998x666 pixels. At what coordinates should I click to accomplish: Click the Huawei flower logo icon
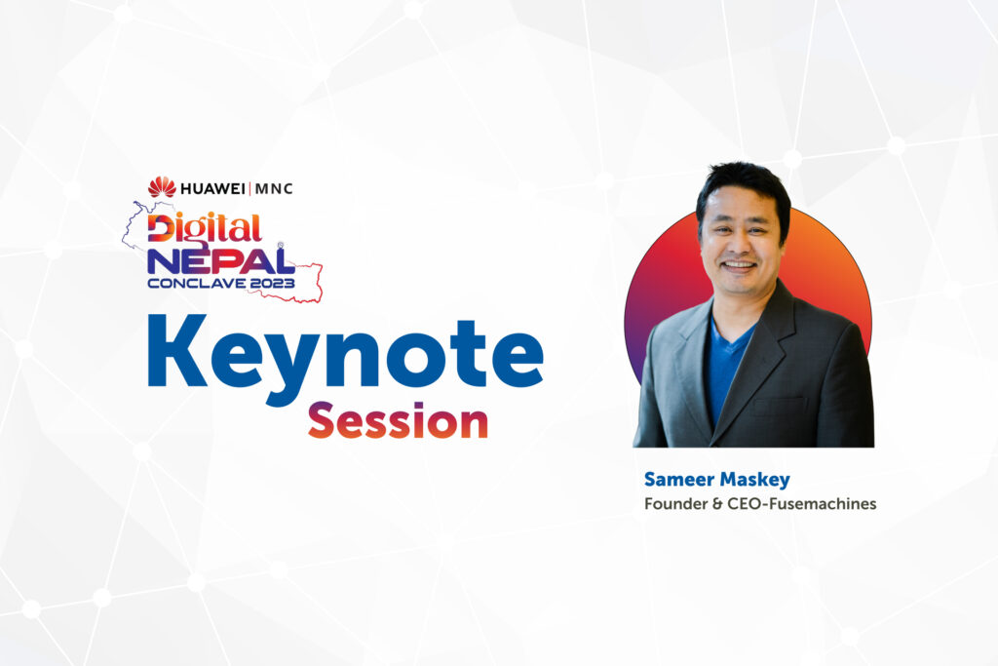[x=162, y=187]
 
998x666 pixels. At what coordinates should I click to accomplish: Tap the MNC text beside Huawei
[x=273, y=188]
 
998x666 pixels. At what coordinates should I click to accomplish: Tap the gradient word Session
[x=398, y=421]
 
